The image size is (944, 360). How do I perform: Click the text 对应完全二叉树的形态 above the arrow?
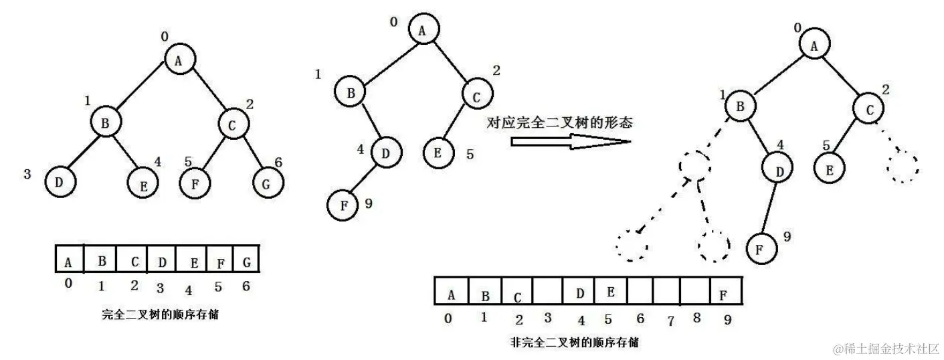[x=561, y=122]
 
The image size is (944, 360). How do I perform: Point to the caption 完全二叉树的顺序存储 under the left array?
[x=160, y=314]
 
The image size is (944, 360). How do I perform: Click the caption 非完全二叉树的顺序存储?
[x=573, y=343]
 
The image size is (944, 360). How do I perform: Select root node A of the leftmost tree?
[x=178, y=60]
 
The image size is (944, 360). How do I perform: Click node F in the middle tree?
[x=343, y=205]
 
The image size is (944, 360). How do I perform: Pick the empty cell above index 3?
[x=547, y=292]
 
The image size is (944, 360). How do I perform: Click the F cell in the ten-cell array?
[x=723, y=292]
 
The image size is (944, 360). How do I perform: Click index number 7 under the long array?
[x=670, y=321]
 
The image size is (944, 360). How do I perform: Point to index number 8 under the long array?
[x=696, y=319]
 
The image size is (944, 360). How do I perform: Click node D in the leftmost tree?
[x=60, y=181]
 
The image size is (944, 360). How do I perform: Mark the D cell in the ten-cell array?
[x=579, y=292]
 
